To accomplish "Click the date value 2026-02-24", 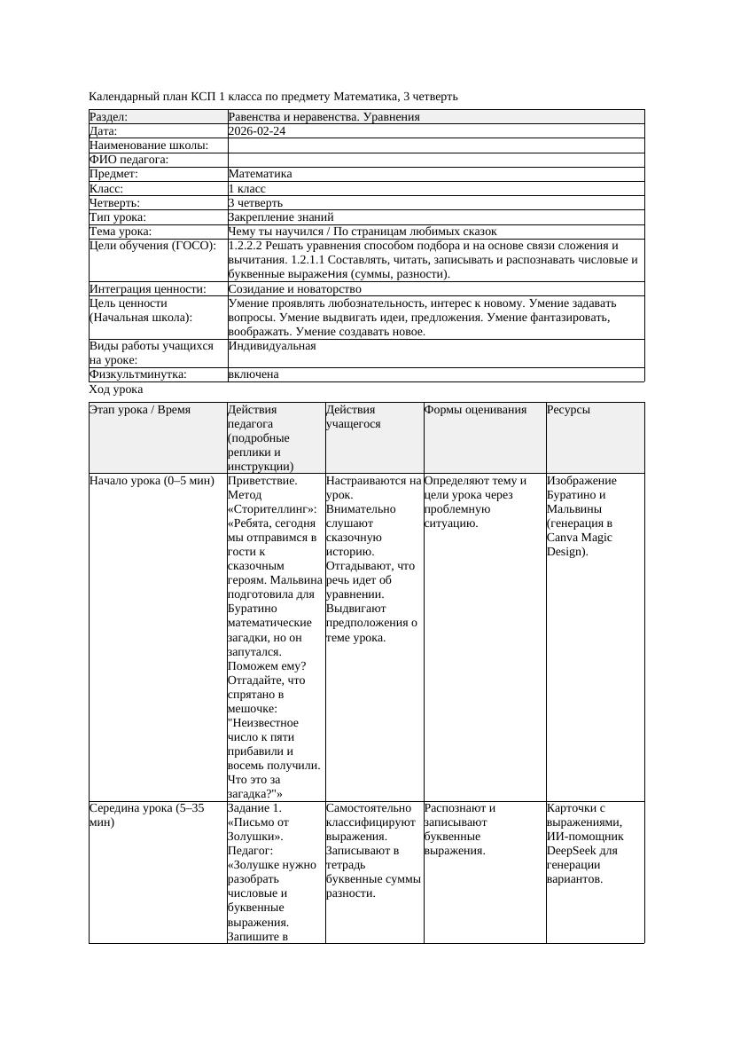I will (257, 131).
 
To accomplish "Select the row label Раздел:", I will (109, 117).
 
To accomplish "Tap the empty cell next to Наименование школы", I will (434, 145).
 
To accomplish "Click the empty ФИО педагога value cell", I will (434, 160).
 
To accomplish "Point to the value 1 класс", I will (247, 189).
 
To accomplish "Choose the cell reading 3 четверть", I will (255, 203).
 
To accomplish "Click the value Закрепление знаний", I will (281, 217).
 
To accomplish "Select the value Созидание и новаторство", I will (294, 289).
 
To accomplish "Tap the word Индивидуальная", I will (272, 346).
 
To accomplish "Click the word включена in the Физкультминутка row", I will (253, 374).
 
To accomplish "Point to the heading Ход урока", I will (116, 389).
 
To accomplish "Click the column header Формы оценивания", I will (476, 410).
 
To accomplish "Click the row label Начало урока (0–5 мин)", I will (152, 481).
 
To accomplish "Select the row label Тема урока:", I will (121, 232).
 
